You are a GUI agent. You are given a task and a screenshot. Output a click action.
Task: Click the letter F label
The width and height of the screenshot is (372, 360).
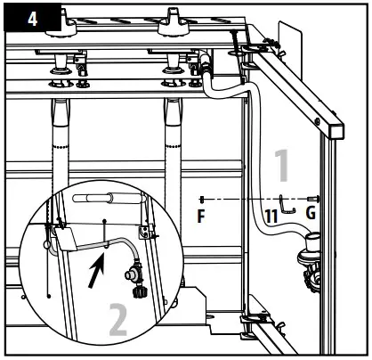(203, 216)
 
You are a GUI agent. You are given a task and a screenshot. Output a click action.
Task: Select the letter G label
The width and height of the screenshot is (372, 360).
(310, 216)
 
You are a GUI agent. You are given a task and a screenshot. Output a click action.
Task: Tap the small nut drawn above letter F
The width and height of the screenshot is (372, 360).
(204, 198)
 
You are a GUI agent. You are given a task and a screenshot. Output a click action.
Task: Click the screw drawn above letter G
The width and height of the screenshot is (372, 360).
(311, 198)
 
